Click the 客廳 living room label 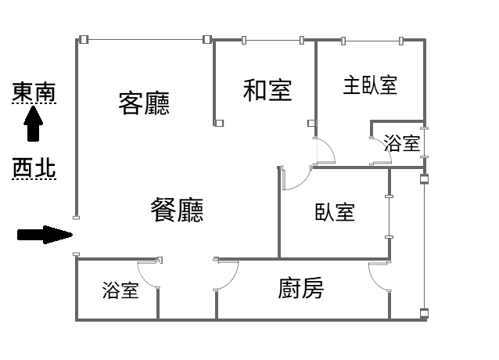pyautogui.click(x=144, y=103)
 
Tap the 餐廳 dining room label pyautogui.click(x=177, y=210)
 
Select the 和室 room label pyautogui.click(x=267, y=91)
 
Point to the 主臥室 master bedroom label pyautogui.click(x=370, y=85)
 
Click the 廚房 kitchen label pyautogui.click(x=301, y=288)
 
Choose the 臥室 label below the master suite pyautogui.click(x=335, y=212)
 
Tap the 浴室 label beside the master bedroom pyautogui.click(x=402, y=143)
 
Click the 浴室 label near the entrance pyautogui.click(x=120, y=290)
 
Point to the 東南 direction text pyautogui.click(x=34, y=92)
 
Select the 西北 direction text pyautogui.click(x=34, y=167)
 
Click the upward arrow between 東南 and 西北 pyautogui.click(x=33, y=124)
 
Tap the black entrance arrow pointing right pyautogui.click(x=45, y=235)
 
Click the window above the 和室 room pyautogui.click(x=273, y=41)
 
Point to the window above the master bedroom pyautogui.click(x=372, y=41)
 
